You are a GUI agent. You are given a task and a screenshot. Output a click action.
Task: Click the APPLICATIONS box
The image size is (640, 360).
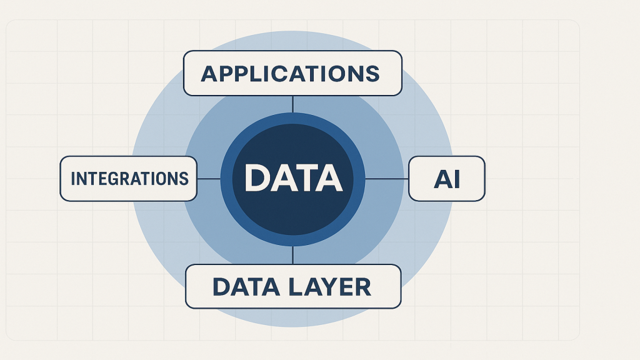point(292,73)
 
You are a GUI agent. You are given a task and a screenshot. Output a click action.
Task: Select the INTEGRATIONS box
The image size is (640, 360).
point(129,179)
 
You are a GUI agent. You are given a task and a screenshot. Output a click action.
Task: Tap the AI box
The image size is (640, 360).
point(446,179)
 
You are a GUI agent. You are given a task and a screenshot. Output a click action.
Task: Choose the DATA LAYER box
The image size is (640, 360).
point(292,286)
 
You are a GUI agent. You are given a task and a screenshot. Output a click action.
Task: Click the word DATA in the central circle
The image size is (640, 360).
point(292,178)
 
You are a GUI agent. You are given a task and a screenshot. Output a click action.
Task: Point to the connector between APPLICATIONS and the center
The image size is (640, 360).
point(292,104)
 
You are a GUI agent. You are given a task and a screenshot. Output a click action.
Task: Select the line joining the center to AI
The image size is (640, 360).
point(386,179)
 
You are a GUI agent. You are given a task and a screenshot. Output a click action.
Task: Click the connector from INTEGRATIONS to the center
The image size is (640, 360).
point(209,179)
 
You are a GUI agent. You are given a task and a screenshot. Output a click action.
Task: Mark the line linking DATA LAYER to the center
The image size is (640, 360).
point(292,254)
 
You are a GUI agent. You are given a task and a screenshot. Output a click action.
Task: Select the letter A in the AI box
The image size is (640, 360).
point(442,179)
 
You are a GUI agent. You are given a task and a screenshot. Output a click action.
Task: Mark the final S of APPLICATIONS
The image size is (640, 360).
point(372,74)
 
